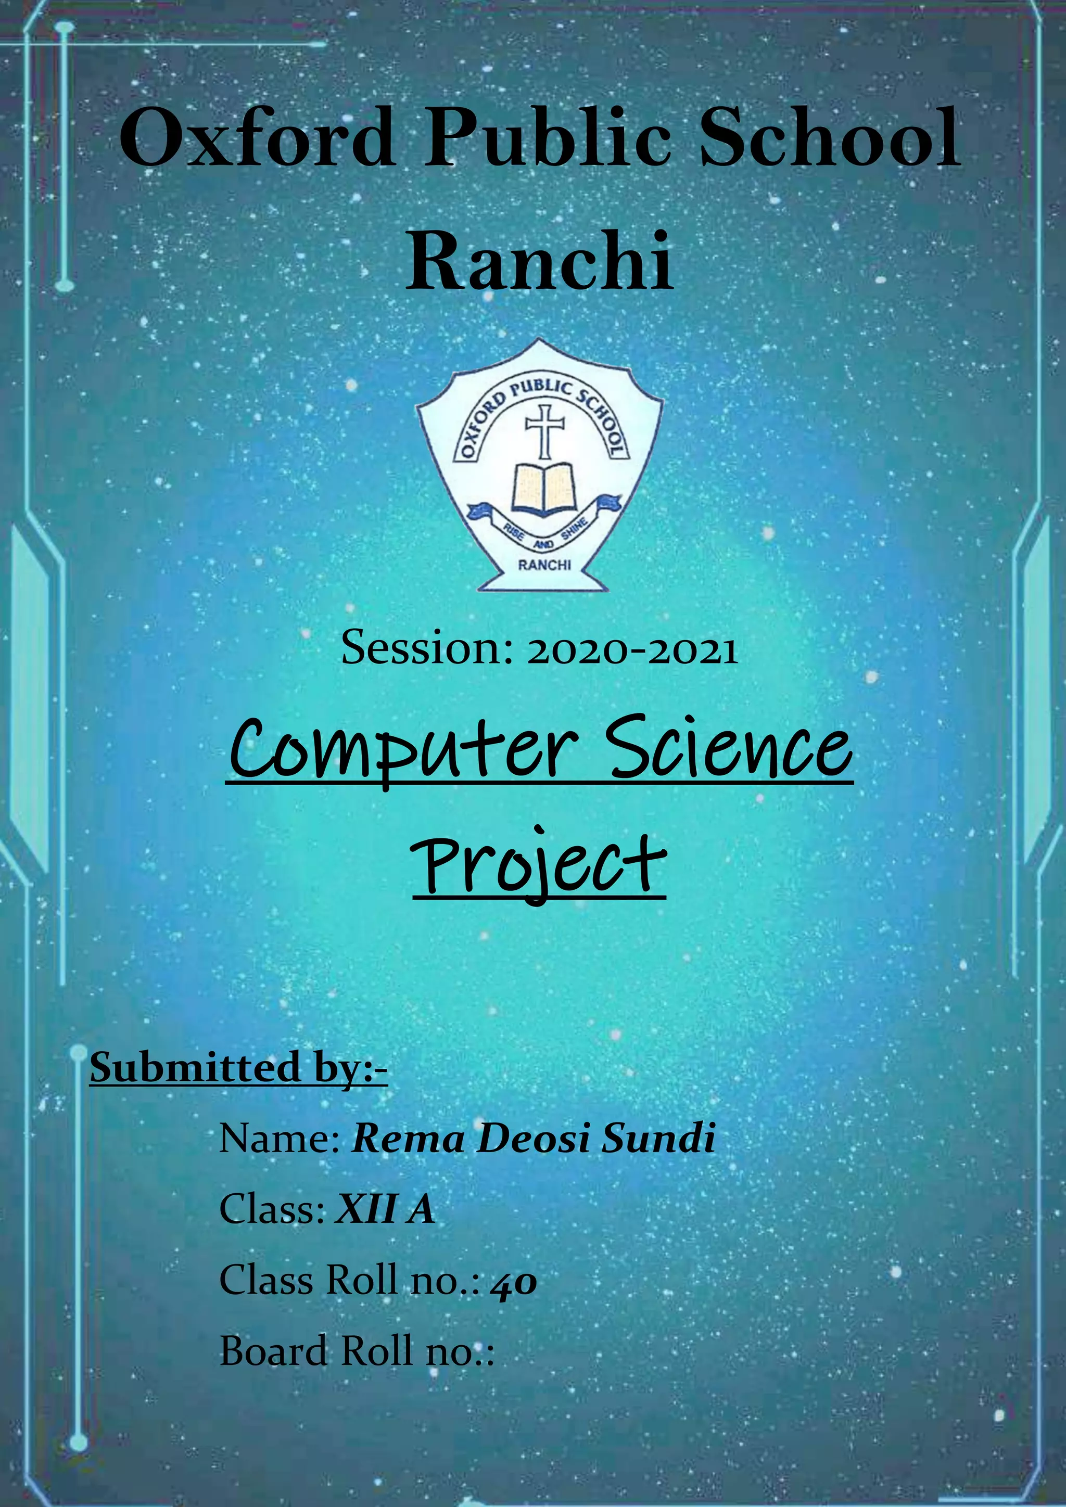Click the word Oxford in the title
pos(257,139)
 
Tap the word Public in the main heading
pos(548,139)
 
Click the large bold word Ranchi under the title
pos(540,261)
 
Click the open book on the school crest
pos(543,488)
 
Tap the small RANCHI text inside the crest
pos(544,565)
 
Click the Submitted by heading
pos(238,1068)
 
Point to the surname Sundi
pos(658,1139)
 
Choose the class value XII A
pos(385,1209)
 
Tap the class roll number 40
pos(514,1281)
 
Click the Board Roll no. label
pos(357,1351)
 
